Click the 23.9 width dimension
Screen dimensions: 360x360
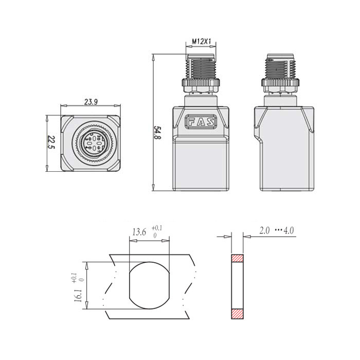pos(91,102)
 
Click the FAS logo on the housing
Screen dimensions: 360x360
pos(201,122)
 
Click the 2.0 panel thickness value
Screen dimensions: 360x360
pos(265,231)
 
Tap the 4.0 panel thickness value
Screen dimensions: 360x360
pos(289,231)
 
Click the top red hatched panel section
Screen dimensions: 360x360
pos(237,259)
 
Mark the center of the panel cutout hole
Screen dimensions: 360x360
pos(149,284)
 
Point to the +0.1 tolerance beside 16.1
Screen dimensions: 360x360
pos(76,278)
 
